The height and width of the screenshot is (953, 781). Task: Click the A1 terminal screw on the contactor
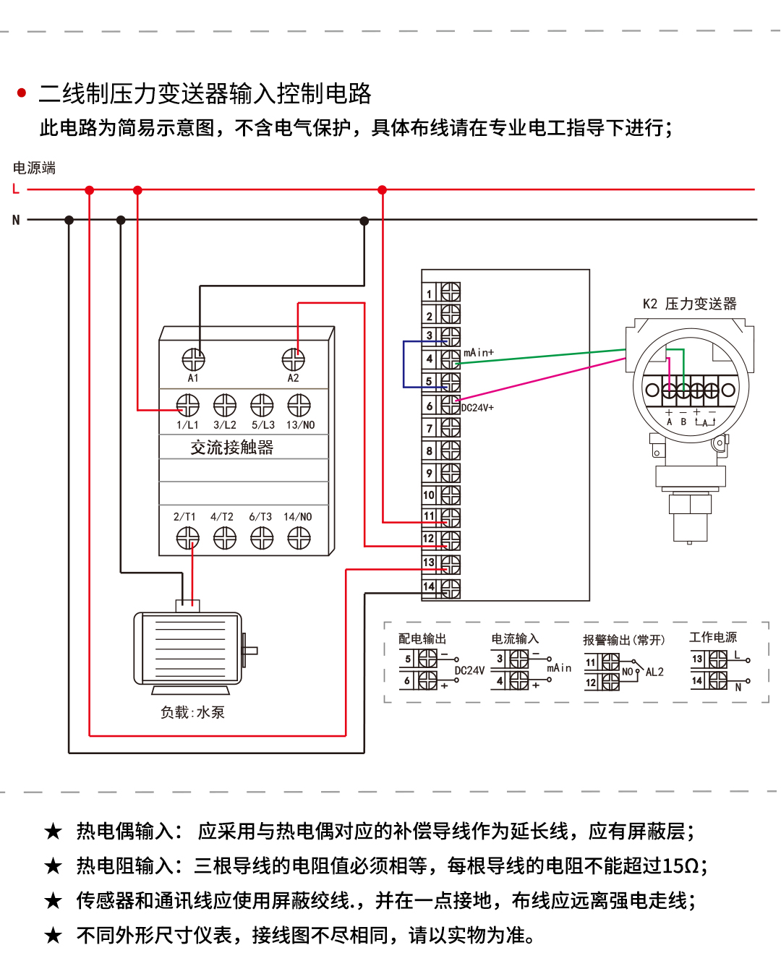(193, 359)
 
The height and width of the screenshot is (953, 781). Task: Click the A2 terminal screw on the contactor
(293, 359)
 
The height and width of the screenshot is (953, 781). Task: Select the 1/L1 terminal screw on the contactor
(187, 406)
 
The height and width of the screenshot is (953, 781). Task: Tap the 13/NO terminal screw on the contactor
(299, 406)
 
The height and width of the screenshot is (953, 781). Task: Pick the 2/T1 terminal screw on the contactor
(187, 538)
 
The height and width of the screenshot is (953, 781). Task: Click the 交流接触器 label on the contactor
(232, 448)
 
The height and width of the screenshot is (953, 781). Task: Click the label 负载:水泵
(192, 712)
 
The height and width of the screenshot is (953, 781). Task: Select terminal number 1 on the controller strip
(429, 294)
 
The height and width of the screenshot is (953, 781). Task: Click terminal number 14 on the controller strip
(429, 587)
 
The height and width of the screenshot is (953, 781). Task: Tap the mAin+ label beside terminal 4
(479, 353)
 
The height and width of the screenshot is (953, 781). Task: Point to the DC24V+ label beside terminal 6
(478, 408)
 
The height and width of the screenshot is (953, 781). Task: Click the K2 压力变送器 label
(689, 304)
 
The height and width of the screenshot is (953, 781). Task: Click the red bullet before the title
(22, 93)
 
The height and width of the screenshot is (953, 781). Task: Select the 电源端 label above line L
(34, 168)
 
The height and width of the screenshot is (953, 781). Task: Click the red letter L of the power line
(16, 189)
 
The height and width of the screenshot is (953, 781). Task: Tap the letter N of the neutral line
(16, 220)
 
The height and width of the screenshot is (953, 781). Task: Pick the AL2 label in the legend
(654, 672)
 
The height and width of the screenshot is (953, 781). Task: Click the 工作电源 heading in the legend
(712, 637)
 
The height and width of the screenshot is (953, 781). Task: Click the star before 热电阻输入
(54, 866)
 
